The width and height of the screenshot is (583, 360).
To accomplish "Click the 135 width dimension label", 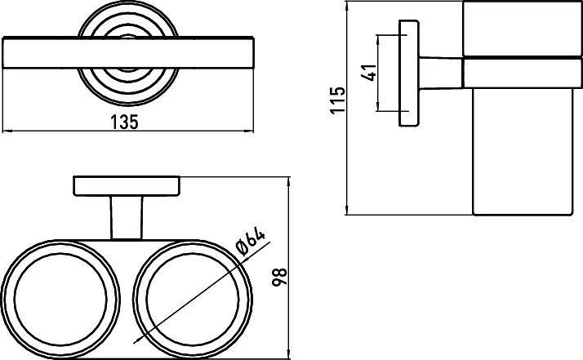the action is pos(124,122).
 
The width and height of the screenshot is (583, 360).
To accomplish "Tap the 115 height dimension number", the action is pos(337,100).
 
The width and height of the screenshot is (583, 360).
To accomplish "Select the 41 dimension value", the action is pos(369,73).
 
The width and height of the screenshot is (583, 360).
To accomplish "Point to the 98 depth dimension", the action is pos(279,277).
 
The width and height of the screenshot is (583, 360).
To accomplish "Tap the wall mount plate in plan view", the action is pos(127,185).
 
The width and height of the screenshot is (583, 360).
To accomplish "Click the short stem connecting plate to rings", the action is pos(127,218).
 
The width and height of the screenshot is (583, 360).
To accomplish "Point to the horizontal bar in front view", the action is pos(128,52).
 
